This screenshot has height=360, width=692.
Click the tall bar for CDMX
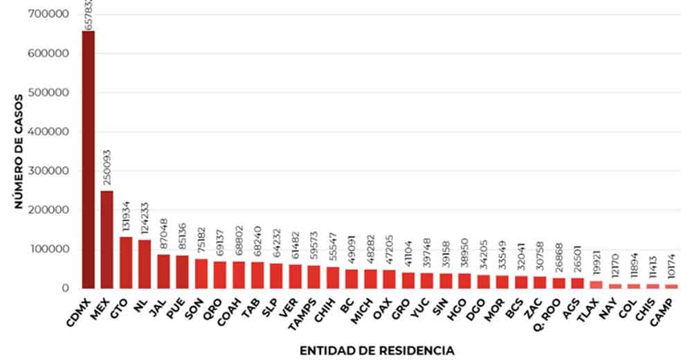click(88, 159)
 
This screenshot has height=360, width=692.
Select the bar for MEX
click(107, 239)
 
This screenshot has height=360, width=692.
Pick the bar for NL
click(145, 264)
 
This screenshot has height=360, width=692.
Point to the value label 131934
click(126, 215)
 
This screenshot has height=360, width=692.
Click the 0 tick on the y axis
click(67, 288)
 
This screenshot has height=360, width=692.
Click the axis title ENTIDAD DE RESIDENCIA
click(376, 351)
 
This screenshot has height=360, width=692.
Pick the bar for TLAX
click(597, 284)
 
